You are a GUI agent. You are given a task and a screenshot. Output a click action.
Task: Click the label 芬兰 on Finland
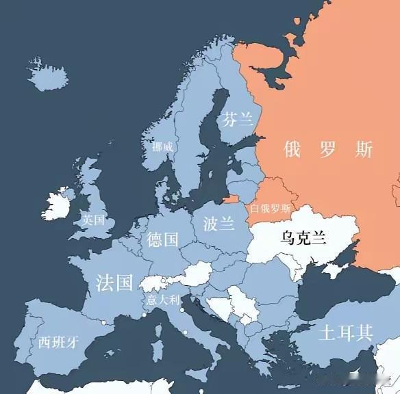coord(237,119)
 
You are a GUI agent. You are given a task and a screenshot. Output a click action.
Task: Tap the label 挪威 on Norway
coord(162,146)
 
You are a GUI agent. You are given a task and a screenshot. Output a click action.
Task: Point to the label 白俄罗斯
coord(270,208)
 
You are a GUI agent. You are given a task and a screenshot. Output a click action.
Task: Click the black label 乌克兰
coord(303,237)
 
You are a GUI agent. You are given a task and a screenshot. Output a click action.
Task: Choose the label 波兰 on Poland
coord(218,223)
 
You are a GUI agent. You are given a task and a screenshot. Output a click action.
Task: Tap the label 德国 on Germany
coord(163,239)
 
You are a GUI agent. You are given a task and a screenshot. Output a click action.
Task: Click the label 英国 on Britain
coord(94,220)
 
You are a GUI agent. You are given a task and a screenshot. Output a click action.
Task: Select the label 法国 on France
coord(114,283)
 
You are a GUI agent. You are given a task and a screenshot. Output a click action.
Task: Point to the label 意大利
coord(162,300)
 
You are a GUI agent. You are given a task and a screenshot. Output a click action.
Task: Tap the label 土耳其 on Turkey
coord(345,333)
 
